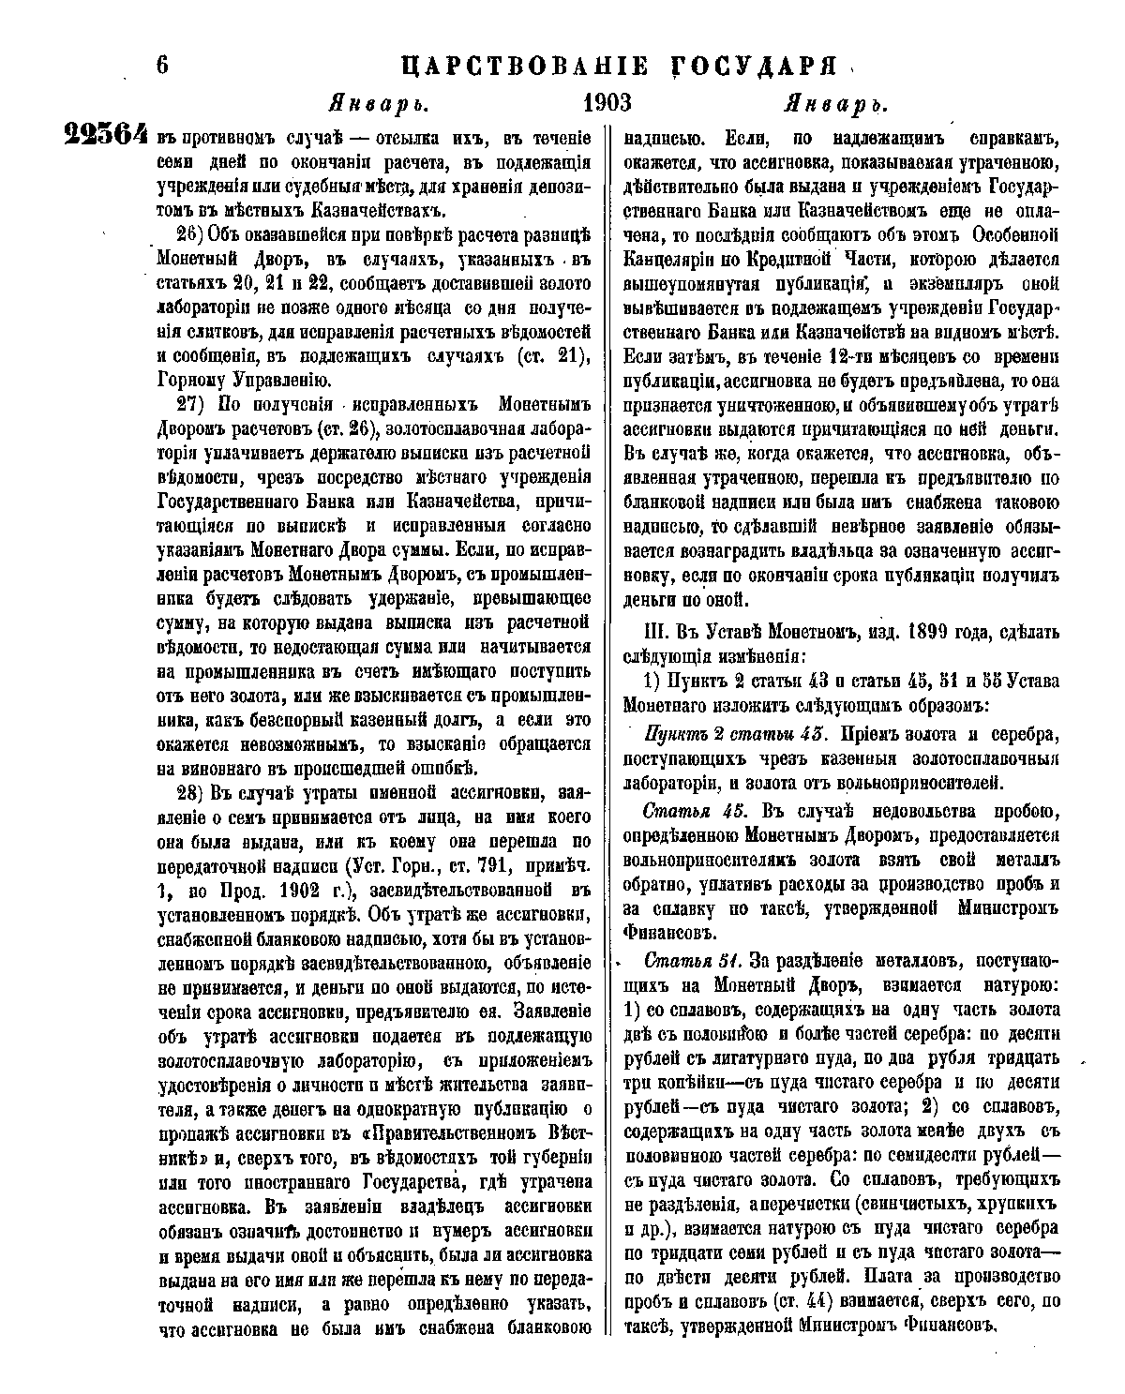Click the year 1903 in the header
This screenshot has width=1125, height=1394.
pos(607,101)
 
